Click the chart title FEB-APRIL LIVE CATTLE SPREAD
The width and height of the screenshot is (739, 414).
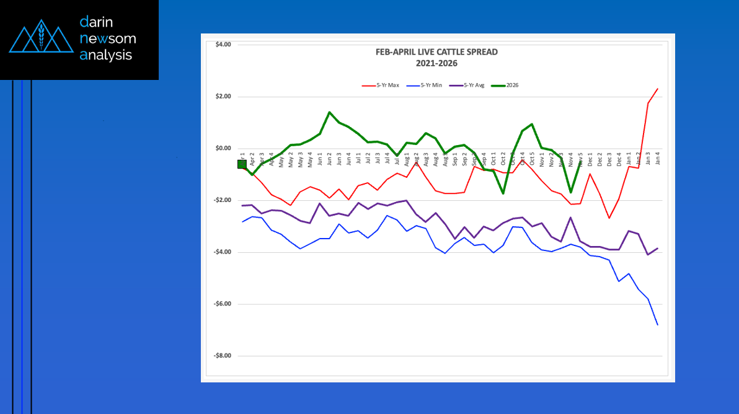[x=436, y=52]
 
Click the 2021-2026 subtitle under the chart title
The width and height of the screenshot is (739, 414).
[x=436, y=63]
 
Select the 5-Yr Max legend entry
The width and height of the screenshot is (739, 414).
[x=381, y=84]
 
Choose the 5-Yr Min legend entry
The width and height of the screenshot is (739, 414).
[x=426, y=84]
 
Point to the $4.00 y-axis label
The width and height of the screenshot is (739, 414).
[x=223, y=45]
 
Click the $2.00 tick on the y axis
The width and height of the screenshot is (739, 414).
[x=223, y=97]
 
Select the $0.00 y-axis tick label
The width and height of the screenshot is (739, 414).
[x=223, y=149]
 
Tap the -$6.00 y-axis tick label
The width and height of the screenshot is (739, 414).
[x=222, y=304]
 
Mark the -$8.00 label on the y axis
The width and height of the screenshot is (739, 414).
[x=222, y=356]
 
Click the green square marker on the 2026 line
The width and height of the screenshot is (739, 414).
[x=242, y=164]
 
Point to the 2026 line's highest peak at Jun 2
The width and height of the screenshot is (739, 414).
[x=329, y=113]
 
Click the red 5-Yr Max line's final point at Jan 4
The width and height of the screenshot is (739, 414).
[x=657, y=89]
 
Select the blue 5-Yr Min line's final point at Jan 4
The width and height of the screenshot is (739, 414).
[x=657, y=325]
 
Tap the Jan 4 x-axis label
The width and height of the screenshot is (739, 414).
[x=657, y=157]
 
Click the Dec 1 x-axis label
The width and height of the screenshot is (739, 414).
[x=590, y=157]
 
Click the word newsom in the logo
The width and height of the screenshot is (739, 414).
[x=108, y=39]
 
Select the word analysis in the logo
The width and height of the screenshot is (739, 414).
[x=106, y=55]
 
